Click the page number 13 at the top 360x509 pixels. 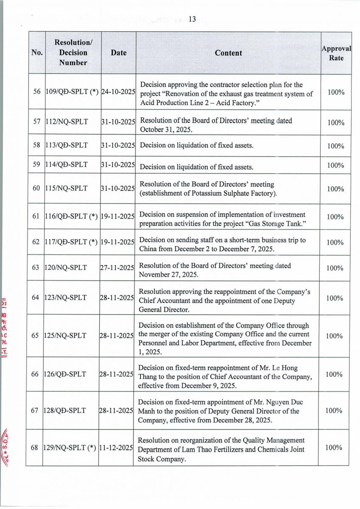tap(192, 19)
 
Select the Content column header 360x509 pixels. tap(228, 53)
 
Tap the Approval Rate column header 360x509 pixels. tap(336, 53)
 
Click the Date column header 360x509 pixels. tap(118, 53)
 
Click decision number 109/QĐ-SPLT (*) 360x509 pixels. tap(72, 92)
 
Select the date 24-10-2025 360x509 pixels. tap(118, 92)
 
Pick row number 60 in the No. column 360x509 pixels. tap(36, 188)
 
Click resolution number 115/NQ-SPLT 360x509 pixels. tap(67, 188)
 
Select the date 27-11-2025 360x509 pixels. tap(117, 268)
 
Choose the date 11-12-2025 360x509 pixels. tap(116, 448)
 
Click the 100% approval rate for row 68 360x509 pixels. tap(335, 448)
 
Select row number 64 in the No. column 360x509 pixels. tap(36, 298)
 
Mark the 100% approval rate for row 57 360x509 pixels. tap(335, 123)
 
